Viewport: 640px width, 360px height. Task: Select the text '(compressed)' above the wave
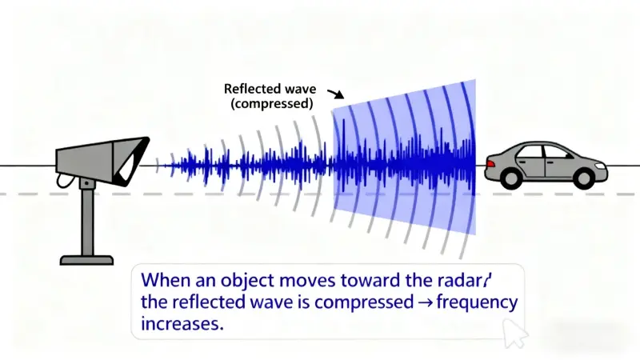[268, 103]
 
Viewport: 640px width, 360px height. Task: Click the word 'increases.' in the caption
[181, 326]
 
